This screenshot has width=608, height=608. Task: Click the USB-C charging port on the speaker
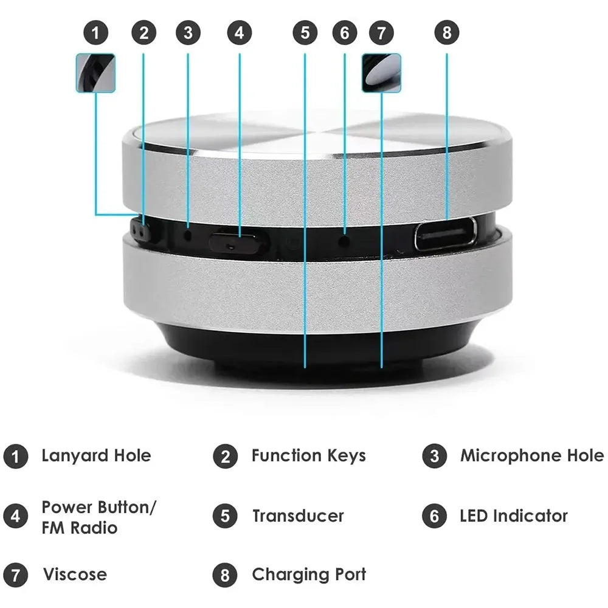446,234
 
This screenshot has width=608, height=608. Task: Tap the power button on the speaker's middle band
238,243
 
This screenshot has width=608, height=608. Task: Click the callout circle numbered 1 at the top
95,33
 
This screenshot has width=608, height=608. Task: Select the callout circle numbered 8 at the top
447,33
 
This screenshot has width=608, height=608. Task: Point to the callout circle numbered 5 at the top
305,33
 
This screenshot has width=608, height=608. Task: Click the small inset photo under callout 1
95,73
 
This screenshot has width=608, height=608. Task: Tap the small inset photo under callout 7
381,73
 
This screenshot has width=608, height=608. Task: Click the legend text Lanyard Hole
96,456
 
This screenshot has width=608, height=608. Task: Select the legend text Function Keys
308,456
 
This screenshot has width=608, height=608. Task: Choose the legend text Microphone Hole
532,456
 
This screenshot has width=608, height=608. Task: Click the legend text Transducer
298,516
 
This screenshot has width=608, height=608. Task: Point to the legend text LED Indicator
514,516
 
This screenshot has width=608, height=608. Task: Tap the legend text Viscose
75,575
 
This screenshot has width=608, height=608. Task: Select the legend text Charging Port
309,575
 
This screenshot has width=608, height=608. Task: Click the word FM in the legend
52,528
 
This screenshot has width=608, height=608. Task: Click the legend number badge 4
15,516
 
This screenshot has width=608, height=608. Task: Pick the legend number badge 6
434,516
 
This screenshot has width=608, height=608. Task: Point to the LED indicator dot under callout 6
345,240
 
